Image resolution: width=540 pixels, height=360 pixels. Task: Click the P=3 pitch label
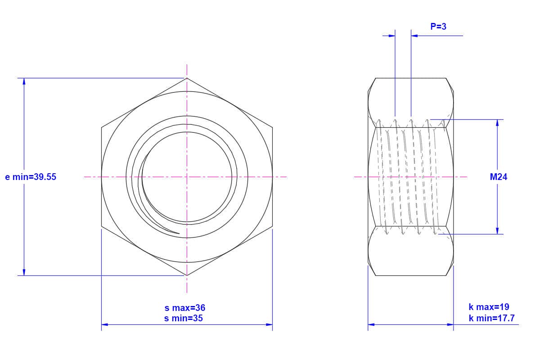tap(438, 27)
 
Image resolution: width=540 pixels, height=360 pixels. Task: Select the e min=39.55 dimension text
tap(31, 177)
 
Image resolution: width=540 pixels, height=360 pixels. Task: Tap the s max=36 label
tap(185, 308)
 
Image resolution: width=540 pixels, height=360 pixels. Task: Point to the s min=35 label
tap(184, 318)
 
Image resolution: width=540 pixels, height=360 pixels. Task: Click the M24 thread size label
tap(499, 177)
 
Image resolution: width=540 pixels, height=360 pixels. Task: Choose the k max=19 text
tap(489, 307)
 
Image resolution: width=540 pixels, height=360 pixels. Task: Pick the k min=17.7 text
tap(491, 318)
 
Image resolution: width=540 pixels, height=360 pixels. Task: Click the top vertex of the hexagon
tap(187, 78)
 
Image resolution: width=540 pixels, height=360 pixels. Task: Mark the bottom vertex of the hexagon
tap(187, 275)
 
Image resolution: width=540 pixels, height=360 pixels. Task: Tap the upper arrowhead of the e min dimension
tap(24, 81)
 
